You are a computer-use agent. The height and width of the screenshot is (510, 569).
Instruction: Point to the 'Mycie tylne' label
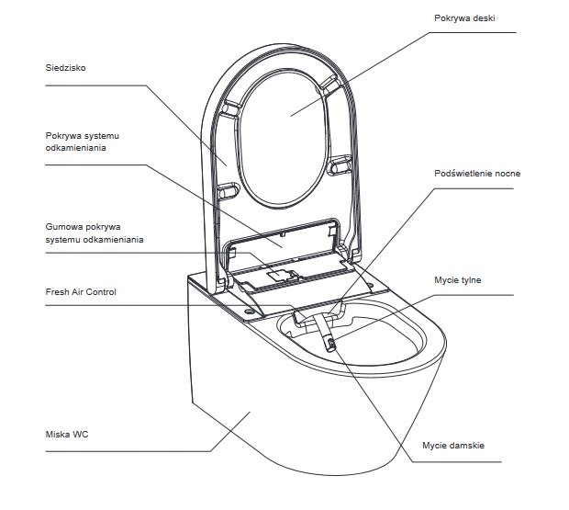tap(457, 279)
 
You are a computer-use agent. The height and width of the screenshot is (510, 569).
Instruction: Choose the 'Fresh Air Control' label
tap(81, 292)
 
